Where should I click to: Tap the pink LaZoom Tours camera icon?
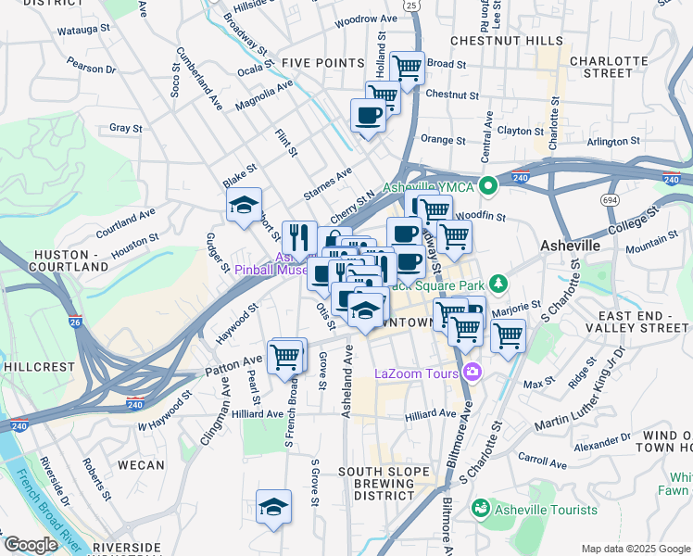(x=473, y=373)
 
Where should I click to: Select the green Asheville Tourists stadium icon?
(x=480, y=509)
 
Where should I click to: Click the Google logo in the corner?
(x=31, y=544)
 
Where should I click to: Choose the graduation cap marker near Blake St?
(x=244, y=206)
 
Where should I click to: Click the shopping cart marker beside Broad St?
(x=407, y=67)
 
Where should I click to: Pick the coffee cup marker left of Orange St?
(x=368, y=116)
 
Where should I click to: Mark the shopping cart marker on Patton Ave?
(x=286, y=355)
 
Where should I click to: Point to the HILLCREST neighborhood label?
(x=39, y=367)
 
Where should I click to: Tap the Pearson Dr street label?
(x=92, y=67)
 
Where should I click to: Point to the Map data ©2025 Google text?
(x=635, y=549)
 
